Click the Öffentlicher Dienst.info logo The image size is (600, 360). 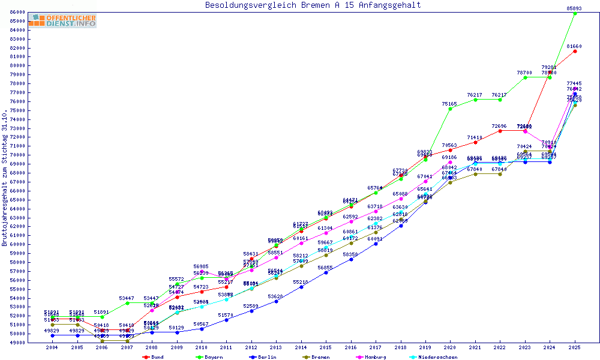[x=62, y=20]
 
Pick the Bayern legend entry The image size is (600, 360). [x=211, y=357]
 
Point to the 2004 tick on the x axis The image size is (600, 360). [x=53, y=348]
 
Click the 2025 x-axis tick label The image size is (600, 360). [x=575, y=348]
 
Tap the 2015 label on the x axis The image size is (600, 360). [x=326, y=348]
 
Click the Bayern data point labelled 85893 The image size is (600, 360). [x=575, y=13]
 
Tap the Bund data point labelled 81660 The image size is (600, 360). [x=575, y=51]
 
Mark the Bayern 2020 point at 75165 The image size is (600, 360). [x=450, y=109]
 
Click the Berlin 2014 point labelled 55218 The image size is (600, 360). [x=301, y=287]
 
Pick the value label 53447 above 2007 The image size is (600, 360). [x=127, y=298]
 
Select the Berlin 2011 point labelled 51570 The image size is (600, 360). [x=226, y=320]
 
